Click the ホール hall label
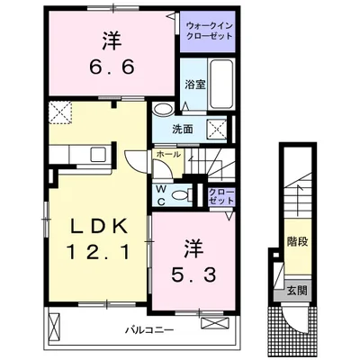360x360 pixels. [x=167, y=156]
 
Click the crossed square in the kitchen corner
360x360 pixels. [x=62, y=112]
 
